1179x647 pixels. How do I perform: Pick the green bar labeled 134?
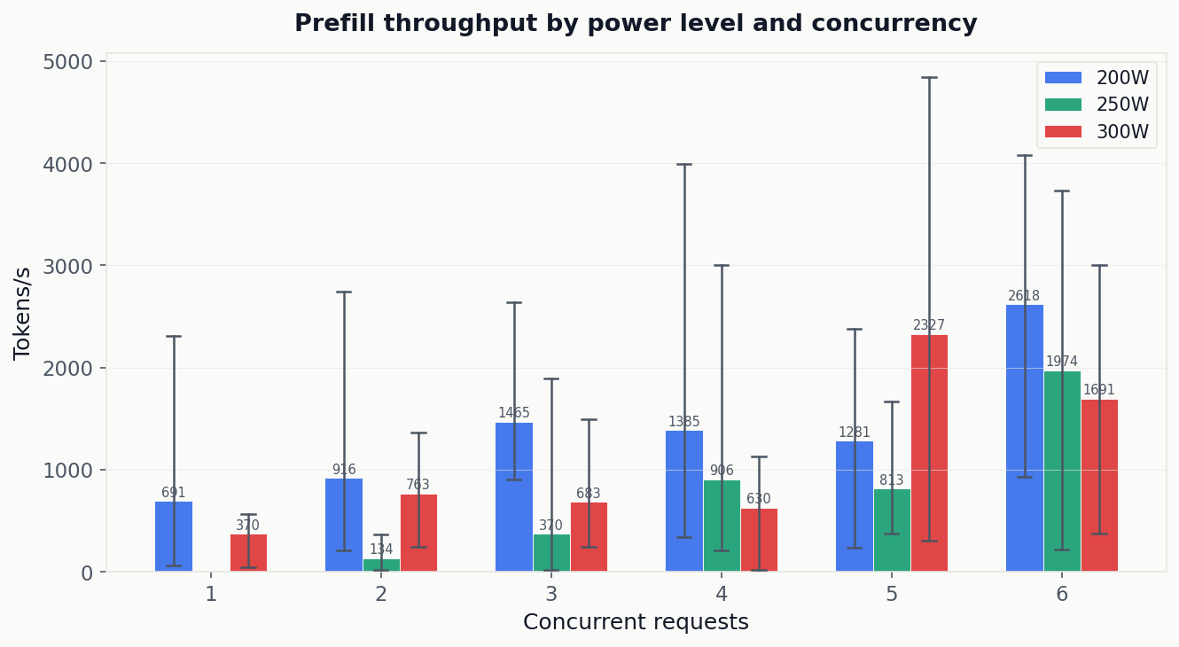coord(381,565)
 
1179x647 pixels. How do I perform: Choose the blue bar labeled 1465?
coord(514,497)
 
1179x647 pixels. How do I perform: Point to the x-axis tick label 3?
coord(551,594)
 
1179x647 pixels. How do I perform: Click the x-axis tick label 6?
coord(1062,594)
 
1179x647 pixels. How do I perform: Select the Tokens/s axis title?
coord(22,313)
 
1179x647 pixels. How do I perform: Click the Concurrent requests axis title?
coord(636,622)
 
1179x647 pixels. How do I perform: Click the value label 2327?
coord(929,325)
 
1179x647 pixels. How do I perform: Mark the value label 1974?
coord(1062,362)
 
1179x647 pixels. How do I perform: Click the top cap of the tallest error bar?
coord(929,78)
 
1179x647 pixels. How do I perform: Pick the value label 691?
coord(174,493)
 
